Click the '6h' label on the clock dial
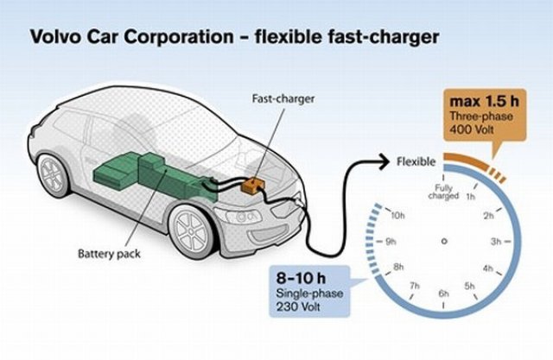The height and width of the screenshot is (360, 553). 444,294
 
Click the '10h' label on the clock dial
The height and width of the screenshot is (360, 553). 398,214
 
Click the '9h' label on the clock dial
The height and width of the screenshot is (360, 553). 392,241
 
